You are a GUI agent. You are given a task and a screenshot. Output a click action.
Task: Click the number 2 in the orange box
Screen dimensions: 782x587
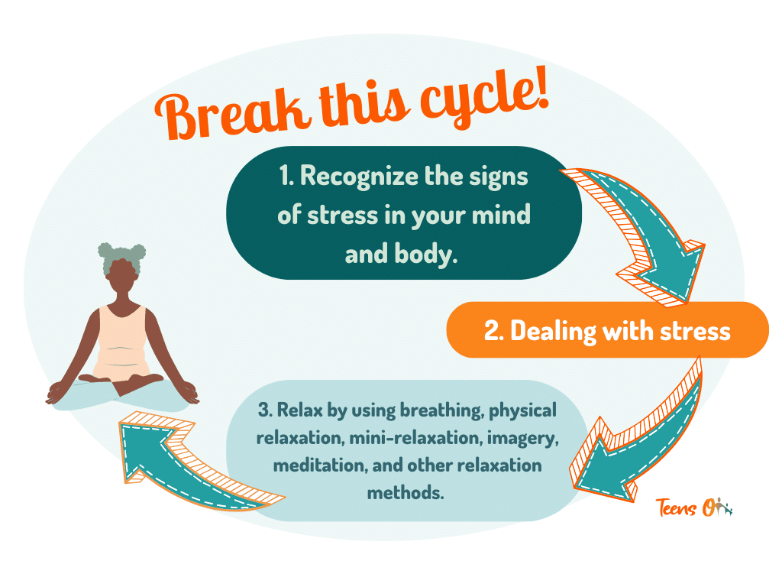click(x=493, y=331)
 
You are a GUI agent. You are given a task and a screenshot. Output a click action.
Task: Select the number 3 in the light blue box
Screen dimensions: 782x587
click(x=264, y=410)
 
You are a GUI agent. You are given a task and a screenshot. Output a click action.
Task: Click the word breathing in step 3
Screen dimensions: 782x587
click(x=441, y=410)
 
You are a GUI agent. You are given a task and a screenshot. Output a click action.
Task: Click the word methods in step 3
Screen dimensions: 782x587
click(x=405, y=493)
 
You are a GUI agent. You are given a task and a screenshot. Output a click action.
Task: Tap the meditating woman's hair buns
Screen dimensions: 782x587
click(x=121, y=255)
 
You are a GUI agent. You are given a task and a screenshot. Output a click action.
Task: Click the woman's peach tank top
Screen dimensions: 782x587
click(x=121, y=345)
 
